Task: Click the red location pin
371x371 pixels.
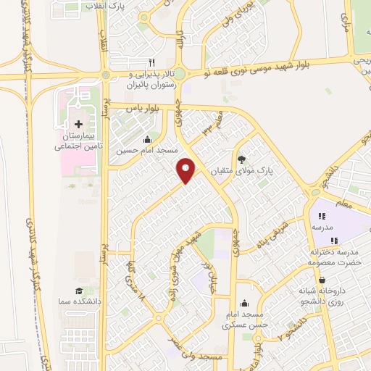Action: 187,170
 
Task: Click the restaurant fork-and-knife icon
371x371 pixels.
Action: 151,62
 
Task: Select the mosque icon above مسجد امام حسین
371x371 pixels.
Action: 149,139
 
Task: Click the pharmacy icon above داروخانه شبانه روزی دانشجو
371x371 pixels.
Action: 321,279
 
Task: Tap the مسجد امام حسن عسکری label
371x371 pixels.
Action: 246,320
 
